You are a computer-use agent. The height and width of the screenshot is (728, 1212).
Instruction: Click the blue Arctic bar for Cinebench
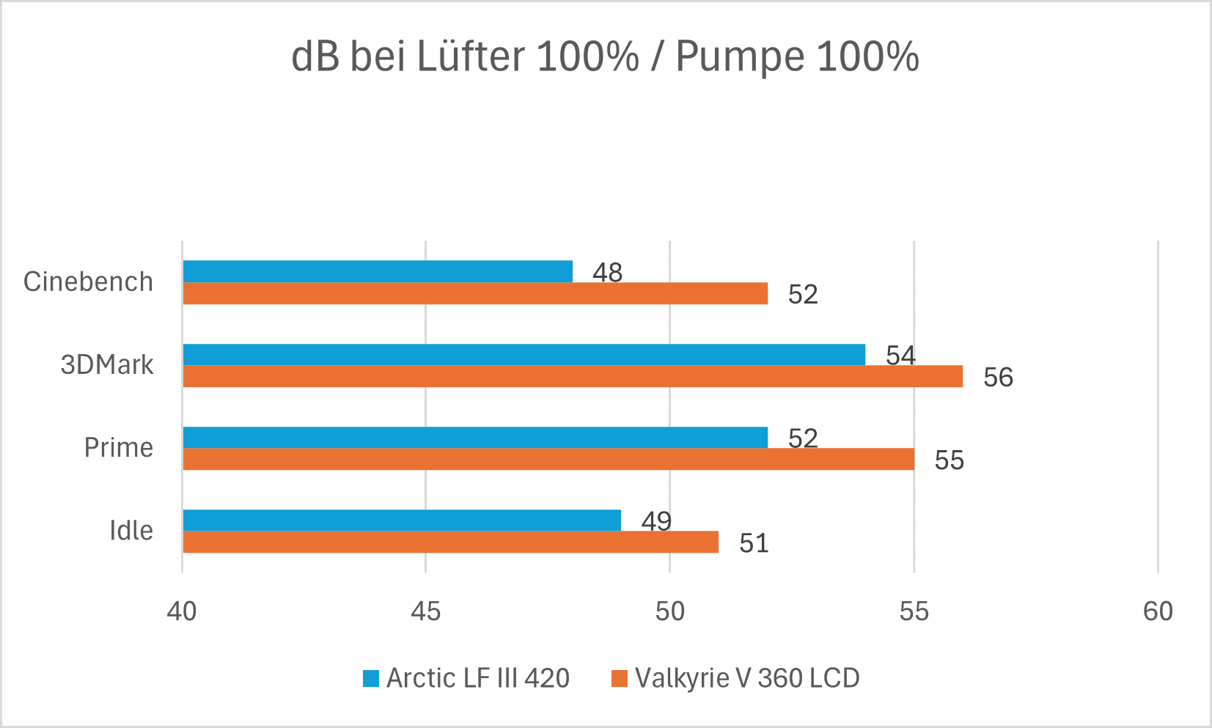click(378, 271)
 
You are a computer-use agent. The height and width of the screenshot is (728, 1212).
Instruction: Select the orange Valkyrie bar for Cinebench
click(475, 293)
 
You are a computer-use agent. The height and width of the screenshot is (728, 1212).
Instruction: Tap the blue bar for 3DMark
click(524, 354)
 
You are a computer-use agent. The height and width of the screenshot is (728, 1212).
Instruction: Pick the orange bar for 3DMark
click(573, 376)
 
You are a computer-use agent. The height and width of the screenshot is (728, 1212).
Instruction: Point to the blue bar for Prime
click(475, 437)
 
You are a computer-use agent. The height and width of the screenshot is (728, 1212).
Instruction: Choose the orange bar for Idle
click(450, 542)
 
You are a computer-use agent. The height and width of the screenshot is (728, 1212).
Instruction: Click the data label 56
click(998, 378)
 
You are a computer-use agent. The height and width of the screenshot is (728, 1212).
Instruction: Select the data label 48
click(607, 273)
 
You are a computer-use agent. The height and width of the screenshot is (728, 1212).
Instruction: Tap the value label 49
click(656, 521)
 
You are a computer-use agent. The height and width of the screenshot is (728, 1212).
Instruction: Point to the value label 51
click(754, 543)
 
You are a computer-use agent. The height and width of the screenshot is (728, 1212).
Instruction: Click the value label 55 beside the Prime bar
click(949, 460)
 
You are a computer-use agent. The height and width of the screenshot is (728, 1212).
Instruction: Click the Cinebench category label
click(88, 282)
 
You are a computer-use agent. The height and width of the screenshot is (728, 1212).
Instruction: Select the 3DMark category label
click(107, 364)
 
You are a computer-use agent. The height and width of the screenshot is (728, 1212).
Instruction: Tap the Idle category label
click(131, 530)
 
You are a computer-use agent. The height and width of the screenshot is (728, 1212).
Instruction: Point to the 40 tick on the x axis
click(182, 611)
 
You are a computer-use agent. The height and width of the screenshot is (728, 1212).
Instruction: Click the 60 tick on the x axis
click(1158, 611)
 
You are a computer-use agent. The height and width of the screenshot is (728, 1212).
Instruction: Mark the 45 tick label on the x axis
click(426, 611)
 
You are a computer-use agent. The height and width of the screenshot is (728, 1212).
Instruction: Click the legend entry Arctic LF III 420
click(466, 678)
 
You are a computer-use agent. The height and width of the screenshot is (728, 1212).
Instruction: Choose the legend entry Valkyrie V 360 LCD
click(735, 678)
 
